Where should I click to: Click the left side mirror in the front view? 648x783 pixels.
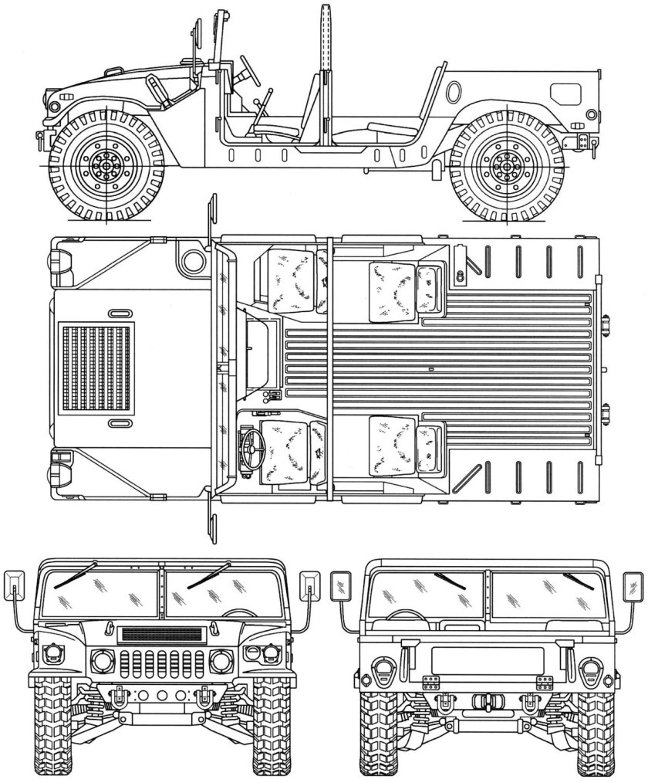coord(15,585)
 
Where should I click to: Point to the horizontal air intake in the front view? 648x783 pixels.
coord(161,635)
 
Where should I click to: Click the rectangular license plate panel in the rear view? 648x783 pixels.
coord(486,661)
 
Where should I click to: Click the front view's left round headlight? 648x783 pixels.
coord(101,660)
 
